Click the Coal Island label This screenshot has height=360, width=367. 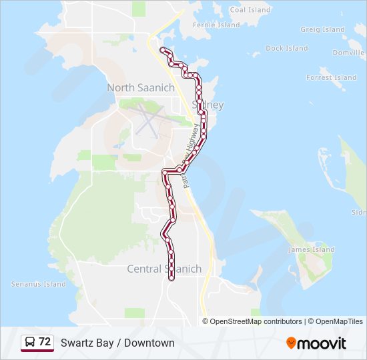[250, 10]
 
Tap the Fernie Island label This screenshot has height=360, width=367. [216, 25]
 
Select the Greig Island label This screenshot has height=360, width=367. [322, 29]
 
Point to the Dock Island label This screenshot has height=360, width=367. [286, 48]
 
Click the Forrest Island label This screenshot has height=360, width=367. [331, 77]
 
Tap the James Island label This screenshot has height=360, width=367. [311, 249]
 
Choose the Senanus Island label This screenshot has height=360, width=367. [39, 284]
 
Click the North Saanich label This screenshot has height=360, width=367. [141, 88]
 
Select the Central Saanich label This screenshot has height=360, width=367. [164, 269]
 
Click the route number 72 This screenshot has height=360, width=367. [45, 342]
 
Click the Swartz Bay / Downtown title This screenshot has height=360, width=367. [117, 343]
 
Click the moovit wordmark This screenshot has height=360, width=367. [322, 343]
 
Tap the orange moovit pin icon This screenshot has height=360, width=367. [291, 343]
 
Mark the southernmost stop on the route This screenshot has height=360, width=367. [172, 278]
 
